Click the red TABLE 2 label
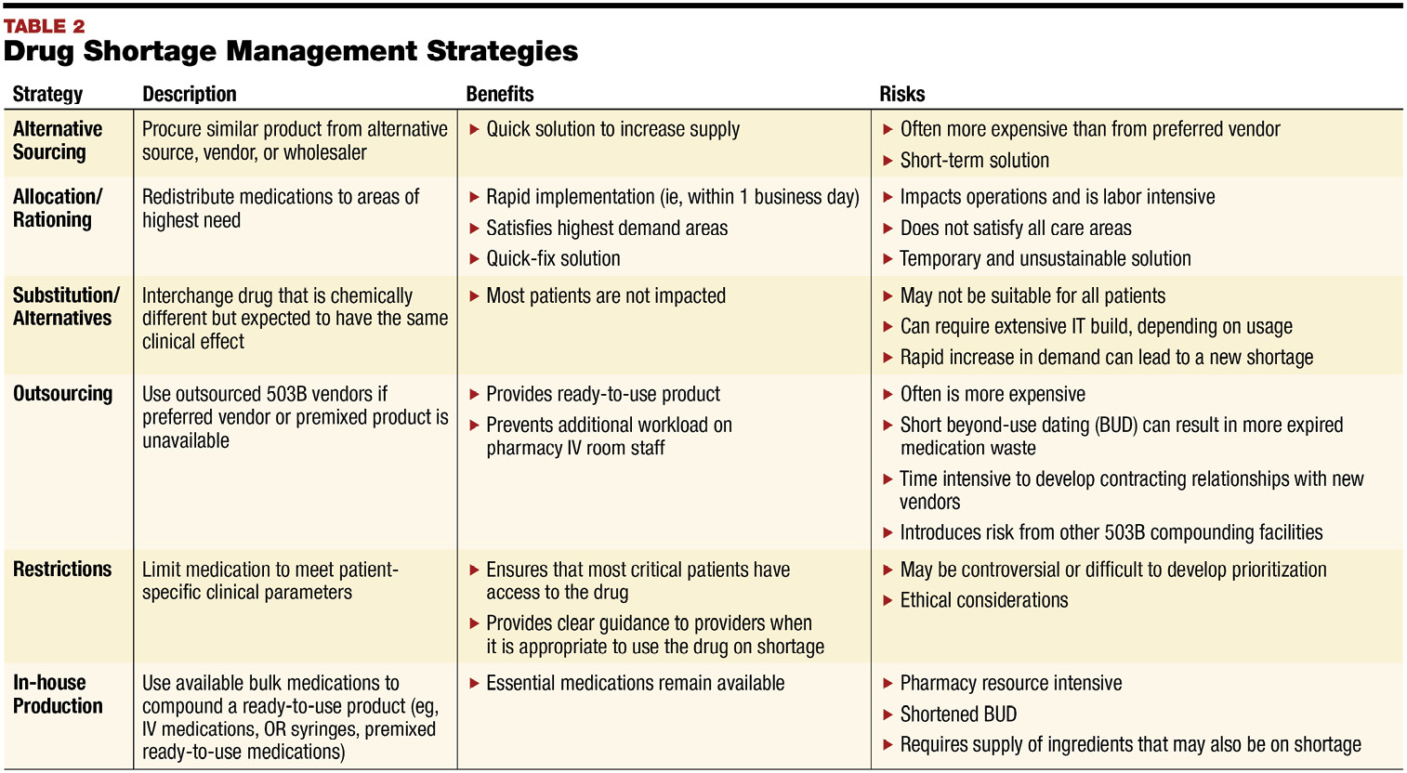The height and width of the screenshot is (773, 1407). pos(44,26)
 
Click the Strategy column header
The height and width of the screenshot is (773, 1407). pos(47,94)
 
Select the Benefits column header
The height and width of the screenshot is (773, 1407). pos(500,94)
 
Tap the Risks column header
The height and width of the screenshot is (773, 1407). pos(901,94)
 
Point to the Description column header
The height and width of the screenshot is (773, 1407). pos(189,94)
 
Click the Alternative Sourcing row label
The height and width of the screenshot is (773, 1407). pos(58,140)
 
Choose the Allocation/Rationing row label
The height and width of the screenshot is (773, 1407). pos(57,208)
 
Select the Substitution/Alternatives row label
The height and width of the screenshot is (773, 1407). pos(66,307)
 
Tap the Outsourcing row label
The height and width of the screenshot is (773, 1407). pos(62,394)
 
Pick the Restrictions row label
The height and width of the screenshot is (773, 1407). pos(62,570)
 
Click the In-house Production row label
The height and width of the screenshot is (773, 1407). pos(58,694)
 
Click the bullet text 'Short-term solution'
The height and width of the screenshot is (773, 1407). pos(974,161)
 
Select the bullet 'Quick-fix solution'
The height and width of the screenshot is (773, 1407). pos(553,259)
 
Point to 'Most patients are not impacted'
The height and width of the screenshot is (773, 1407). pos(606,296)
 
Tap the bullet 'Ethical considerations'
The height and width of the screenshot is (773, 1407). pos(984,601)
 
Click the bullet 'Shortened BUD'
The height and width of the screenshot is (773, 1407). pos(958,714)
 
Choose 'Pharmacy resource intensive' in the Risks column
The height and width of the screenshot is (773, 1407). pos(1011,684)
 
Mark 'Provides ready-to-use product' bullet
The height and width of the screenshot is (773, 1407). pos(603,395)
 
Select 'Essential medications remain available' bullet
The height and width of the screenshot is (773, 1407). pos(636,684)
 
